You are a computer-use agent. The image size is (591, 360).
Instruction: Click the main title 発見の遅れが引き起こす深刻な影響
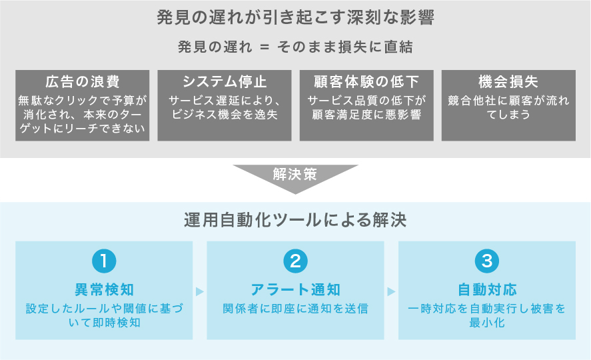point(295,18)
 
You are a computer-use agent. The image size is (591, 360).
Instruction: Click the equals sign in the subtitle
point(265,47)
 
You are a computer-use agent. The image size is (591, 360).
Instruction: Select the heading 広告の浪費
point(83,82)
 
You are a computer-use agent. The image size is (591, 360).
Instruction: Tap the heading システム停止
point(225,82)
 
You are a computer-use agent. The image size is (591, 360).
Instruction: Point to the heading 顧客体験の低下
point(366,82)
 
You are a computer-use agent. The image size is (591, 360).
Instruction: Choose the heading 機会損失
point(508,82)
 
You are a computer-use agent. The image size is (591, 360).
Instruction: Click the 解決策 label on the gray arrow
point(295,175)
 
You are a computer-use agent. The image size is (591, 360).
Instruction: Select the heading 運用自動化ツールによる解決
point(295,220)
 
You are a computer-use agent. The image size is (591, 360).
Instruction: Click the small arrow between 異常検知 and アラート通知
point(199,291)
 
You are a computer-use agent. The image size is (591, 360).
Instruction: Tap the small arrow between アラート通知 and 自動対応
point(391,291)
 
